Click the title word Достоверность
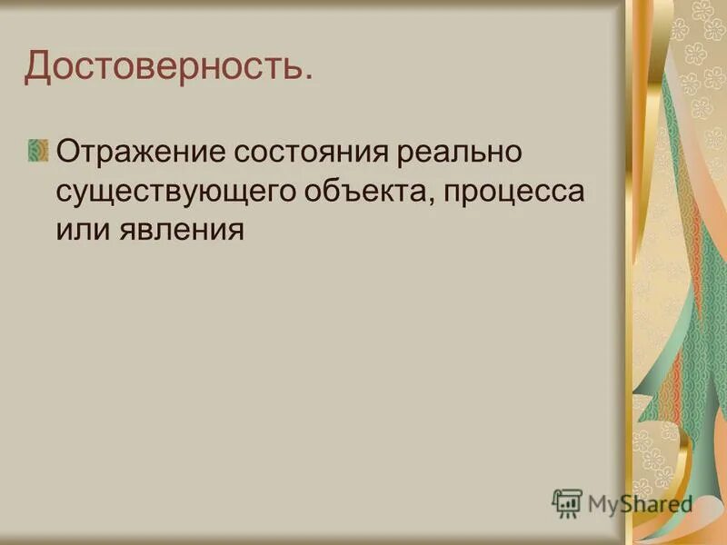tap(164, 67)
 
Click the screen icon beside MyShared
tap(566, 502)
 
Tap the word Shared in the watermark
tap(658, 503)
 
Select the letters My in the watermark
tap(602, 503)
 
